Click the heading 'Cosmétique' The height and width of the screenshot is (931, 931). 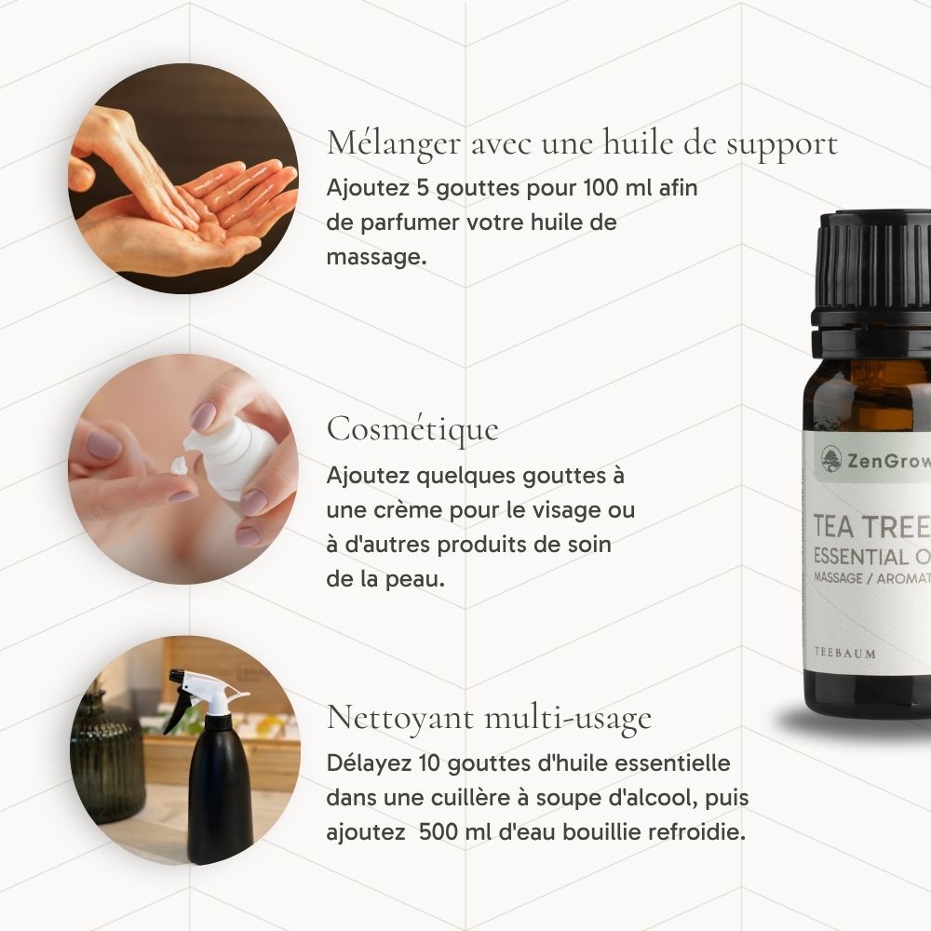pos(412,429)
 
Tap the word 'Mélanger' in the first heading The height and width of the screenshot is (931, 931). pos(394,144)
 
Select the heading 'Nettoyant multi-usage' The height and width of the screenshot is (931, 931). pos(490,718)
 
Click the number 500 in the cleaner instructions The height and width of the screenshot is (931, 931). pos(439,831)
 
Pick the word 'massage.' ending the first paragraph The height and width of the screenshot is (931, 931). pos(376,257)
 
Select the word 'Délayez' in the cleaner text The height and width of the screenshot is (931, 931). pos(369,763)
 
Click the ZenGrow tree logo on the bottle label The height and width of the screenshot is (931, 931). pos(831,459)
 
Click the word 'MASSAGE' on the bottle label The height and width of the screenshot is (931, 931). pos(838,577)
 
